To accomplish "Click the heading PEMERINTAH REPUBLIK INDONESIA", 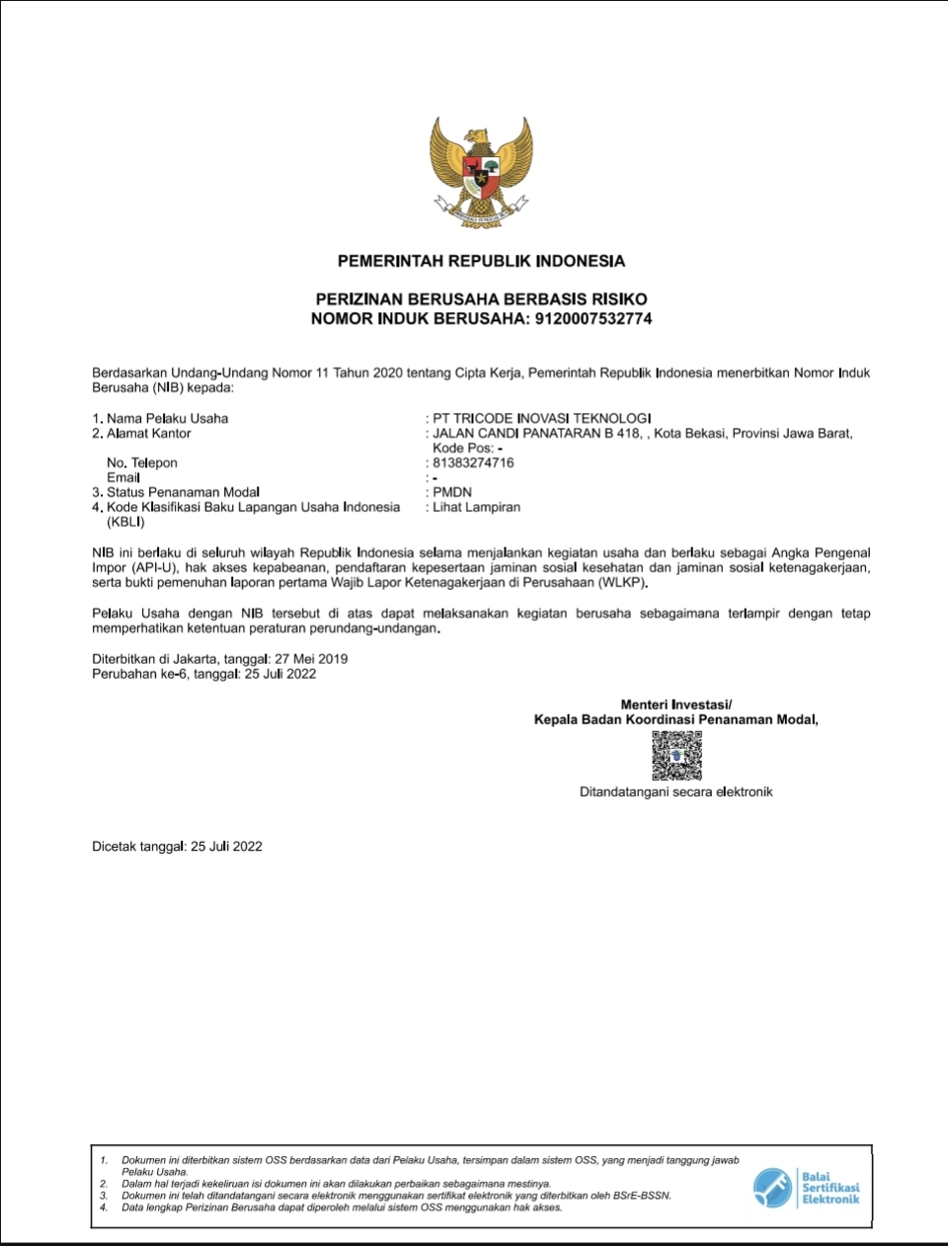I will point(481,261).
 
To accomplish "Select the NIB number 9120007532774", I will point(592,319).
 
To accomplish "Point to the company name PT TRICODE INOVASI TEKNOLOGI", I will point(541,418).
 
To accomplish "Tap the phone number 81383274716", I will point(473,462).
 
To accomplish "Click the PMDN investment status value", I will point(452,492).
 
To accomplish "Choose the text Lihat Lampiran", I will point(476,507).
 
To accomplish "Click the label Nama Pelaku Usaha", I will point(167,418).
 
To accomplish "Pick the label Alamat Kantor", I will point(148,433).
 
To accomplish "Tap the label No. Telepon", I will point(142,462).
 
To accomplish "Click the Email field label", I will point(123,477).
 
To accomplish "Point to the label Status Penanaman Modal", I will point(183,492).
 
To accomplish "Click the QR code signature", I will point(676,757).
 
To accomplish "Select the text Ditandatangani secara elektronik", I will point(675,791).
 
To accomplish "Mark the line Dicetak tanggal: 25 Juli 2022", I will point(178,846).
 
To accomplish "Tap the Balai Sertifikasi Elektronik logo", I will point(806,1187).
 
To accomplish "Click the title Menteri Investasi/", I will point(676,705).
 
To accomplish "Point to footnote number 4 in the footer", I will point(104,1207).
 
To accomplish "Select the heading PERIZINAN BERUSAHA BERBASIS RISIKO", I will point(481,298).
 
